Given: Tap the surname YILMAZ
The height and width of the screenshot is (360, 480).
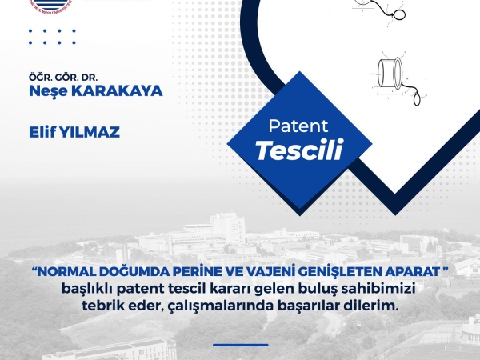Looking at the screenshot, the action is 89,132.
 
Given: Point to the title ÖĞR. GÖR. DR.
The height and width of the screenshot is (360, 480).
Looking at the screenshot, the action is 63,77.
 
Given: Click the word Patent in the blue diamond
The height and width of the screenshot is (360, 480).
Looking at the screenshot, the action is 298,126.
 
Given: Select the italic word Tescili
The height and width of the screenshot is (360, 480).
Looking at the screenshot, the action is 299,150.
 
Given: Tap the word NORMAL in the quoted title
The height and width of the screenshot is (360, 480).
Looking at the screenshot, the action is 66,272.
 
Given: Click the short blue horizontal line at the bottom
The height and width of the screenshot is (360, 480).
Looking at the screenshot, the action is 241,345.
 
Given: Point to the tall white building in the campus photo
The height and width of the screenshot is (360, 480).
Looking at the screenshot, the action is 228,227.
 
